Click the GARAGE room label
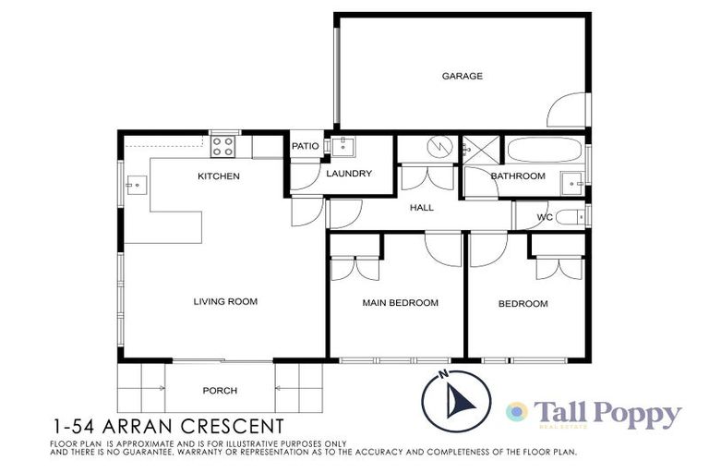[x=462, y=77]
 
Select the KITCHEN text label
[x=219, y=176]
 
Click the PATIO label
[x=305, y=146]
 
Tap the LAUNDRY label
[x=349, y=174]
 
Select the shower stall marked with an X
[x=478, y=149]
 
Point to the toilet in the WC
[x=569, y=218]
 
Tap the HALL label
[x=421, y=208]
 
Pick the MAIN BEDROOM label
[x=400, y=303]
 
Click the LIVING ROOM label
[x=224, y=301]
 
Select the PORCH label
[x=220, y=391]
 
